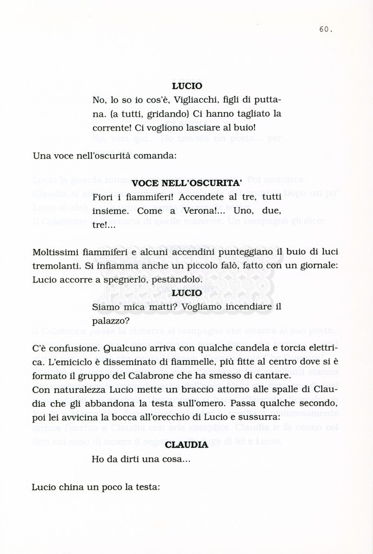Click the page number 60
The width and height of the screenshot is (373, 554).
[325, 30]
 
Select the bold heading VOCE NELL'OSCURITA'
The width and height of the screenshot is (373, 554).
[186, 183]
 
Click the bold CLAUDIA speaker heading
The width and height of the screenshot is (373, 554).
[186, 445]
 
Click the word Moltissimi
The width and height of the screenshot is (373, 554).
[57, 253]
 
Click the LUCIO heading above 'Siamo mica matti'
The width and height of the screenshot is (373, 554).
[186, 293]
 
